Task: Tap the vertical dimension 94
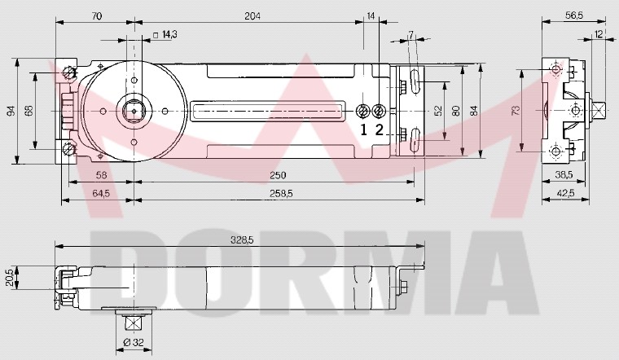[11, 111]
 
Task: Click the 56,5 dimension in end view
[576, 15]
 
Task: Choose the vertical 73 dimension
[514, 111]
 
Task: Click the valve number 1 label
[364, 129]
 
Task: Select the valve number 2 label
[379, 129]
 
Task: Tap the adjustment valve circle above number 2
[379, 111]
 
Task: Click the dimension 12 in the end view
[599, 34]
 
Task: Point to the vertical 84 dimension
[474, 111]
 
